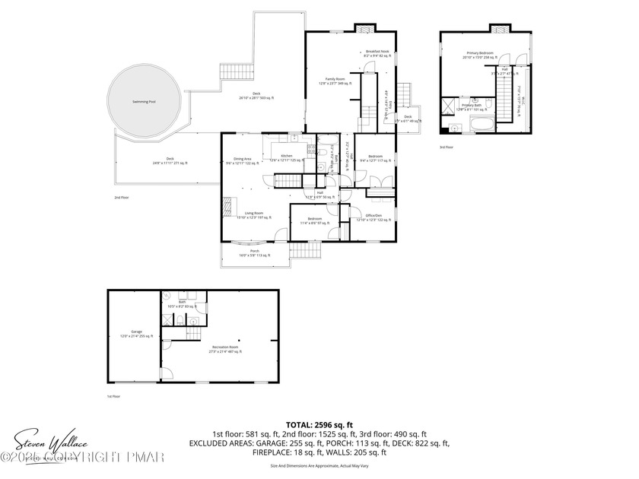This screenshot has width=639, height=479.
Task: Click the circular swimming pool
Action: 144,101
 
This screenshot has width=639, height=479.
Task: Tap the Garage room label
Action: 137,333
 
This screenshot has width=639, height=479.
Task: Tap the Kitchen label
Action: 287,157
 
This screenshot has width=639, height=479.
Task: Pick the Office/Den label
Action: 373,217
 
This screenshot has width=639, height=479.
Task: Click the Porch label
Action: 255,253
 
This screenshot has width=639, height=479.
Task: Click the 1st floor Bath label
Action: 183,303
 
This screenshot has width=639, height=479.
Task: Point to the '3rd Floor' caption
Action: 446,147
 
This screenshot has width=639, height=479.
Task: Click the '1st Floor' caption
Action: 113,396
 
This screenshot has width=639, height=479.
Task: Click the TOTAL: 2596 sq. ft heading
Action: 319,425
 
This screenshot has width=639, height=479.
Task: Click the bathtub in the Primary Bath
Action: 480,122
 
